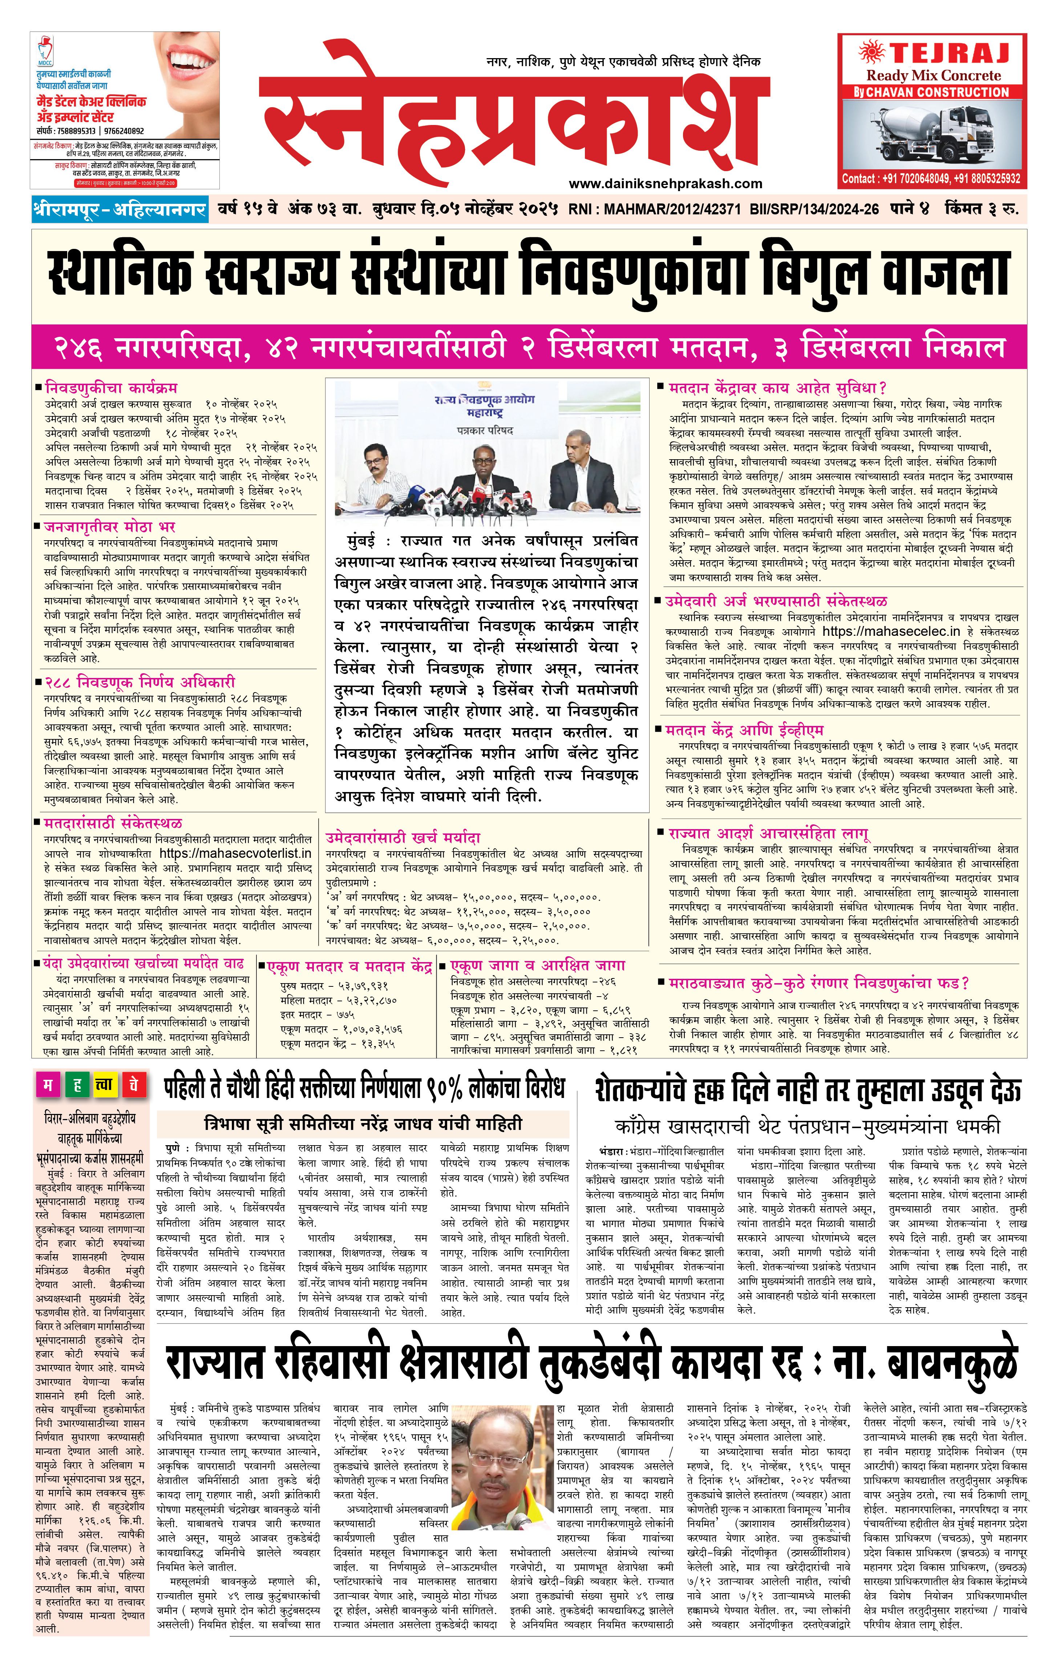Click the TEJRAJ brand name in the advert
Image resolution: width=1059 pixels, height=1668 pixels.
point(949,53)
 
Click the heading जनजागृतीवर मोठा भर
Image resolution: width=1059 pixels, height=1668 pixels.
point(109,526)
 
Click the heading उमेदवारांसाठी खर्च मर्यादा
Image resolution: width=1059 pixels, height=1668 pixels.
point(403,837)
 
